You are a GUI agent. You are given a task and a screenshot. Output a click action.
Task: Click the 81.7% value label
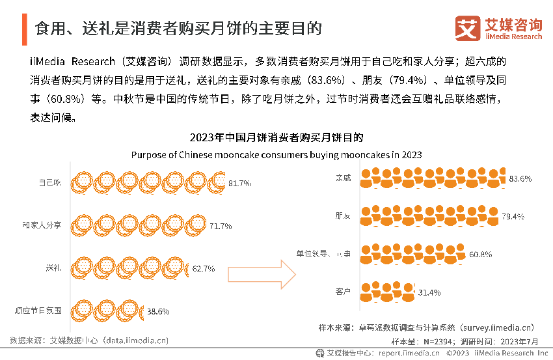239,184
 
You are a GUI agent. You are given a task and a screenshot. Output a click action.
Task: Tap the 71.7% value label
220,226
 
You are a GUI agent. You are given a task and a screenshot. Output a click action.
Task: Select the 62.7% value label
203,268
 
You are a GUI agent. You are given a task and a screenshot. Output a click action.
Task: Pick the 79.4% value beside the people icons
512,216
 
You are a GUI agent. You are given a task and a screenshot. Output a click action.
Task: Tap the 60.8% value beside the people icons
480,254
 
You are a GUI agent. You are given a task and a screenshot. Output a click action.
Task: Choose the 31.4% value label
429,291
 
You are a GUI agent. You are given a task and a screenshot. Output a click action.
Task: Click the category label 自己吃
49,182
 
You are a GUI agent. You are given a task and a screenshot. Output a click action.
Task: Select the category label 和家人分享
41,225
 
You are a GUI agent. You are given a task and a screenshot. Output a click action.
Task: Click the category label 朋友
343,215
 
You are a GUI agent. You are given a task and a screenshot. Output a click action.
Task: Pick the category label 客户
343,291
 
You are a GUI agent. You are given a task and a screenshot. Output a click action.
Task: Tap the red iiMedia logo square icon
466,29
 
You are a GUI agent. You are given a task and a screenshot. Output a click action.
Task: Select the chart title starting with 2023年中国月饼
276,138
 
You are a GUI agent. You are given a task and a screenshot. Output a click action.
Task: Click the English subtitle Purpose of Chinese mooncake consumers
276,155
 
